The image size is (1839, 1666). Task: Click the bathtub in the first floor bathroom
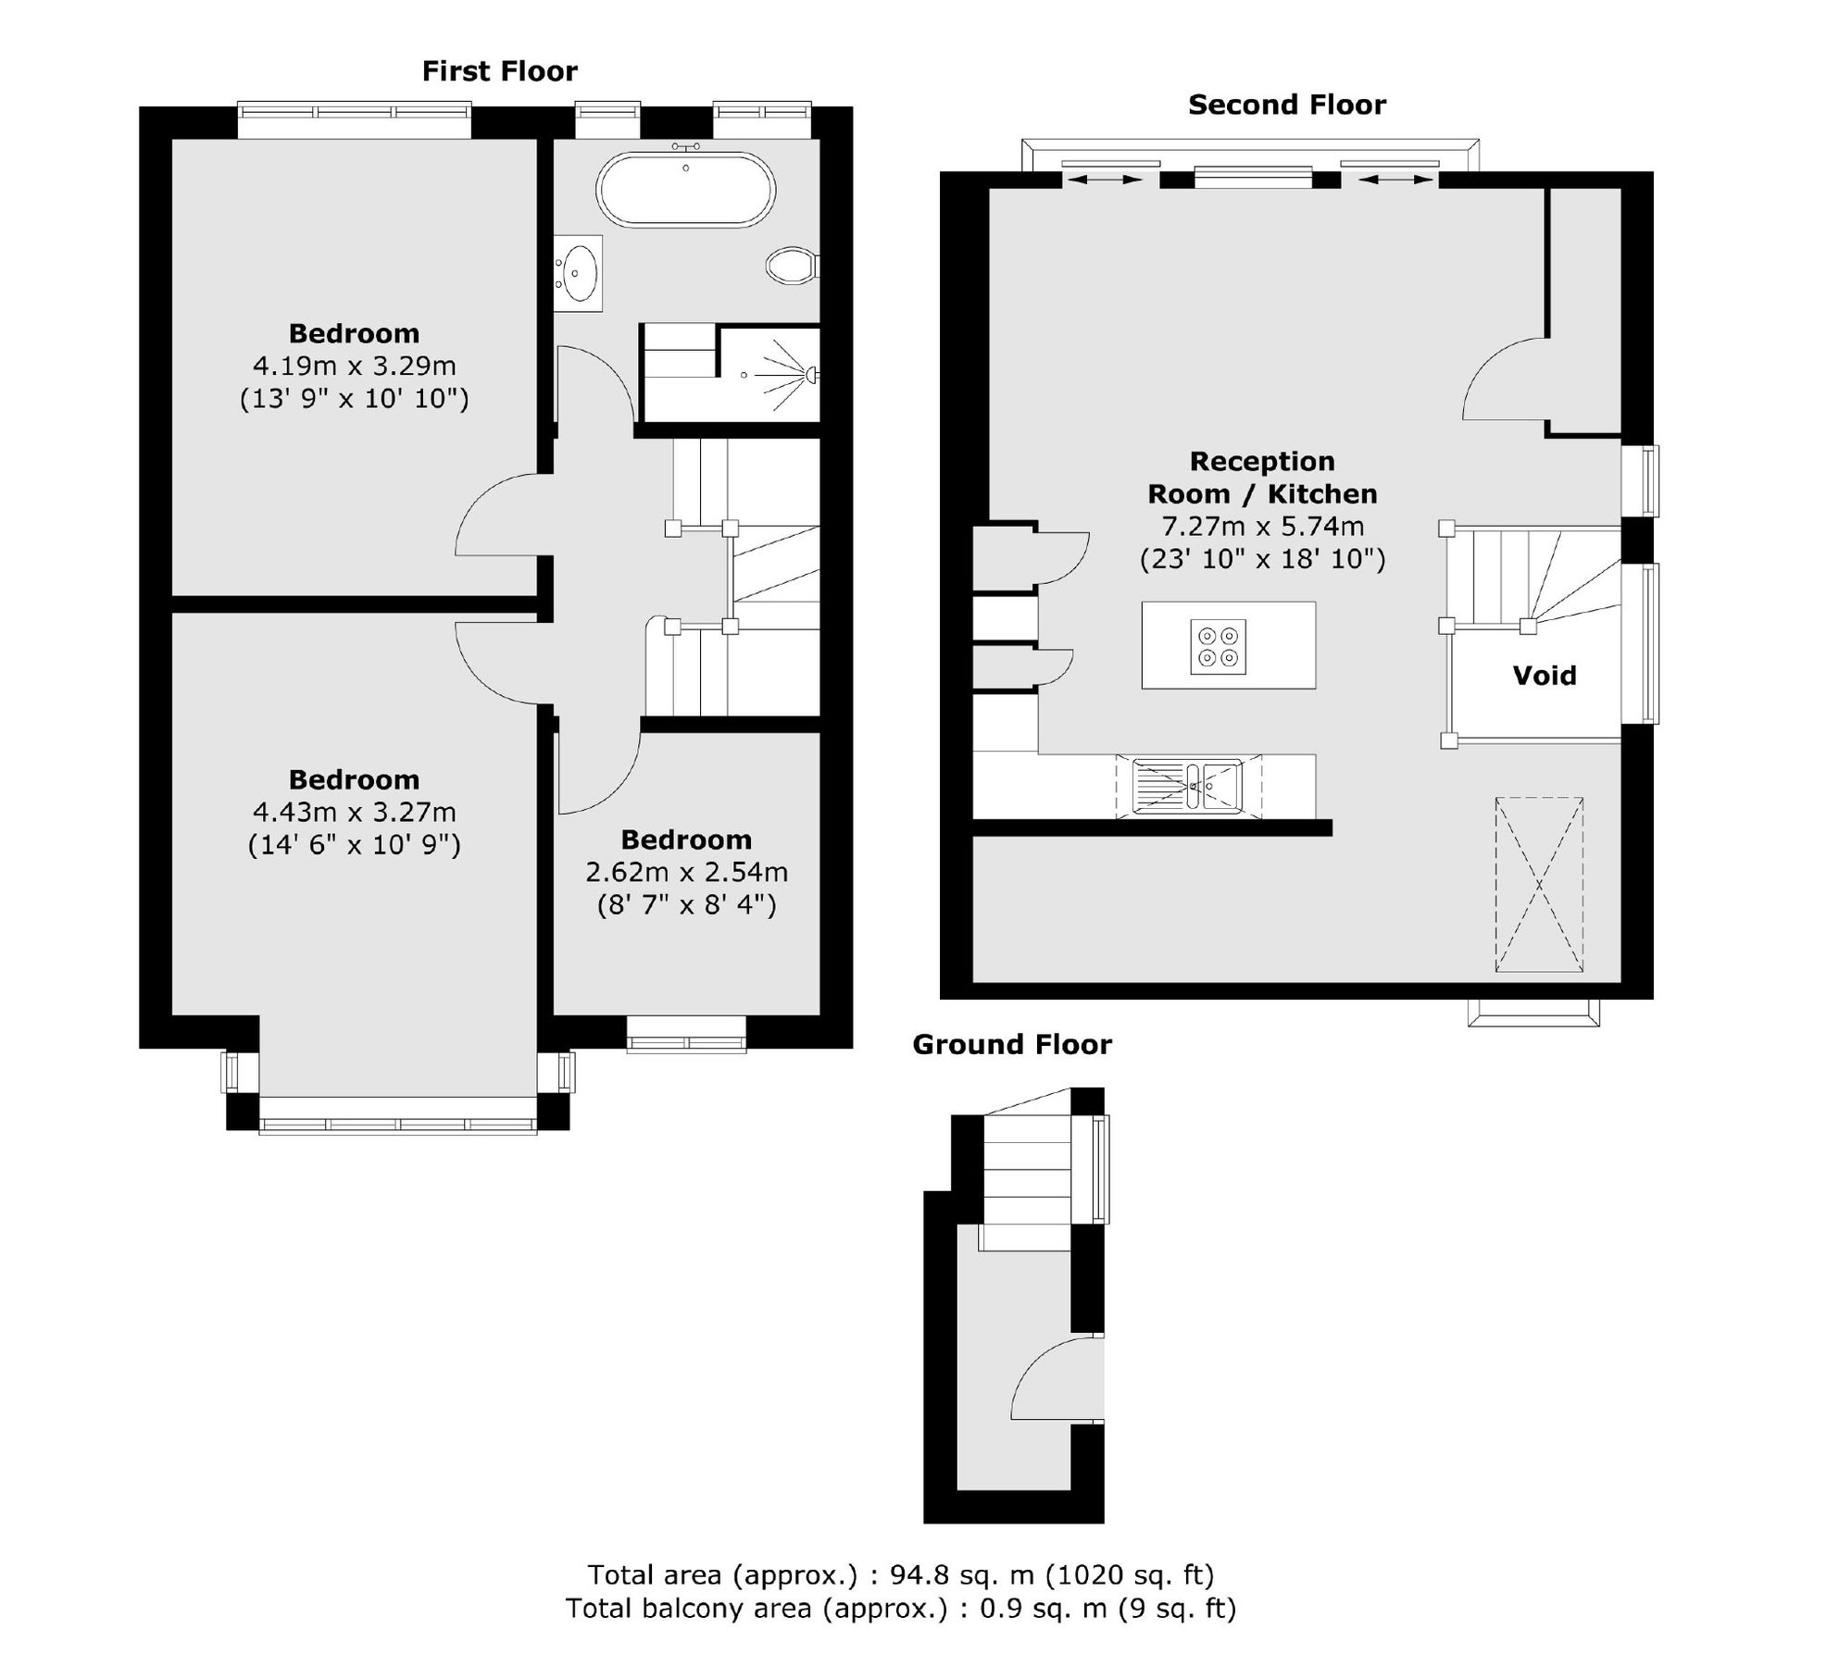point(685,190)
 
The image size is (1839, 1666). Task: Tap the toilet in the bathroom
point(790,266)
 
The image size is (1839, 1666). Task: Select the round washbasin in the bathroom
point(581,272)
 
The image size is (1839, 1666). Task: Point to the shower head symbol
point(810,374)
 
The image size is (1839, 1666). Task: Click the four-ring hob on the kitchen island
point(1218,646)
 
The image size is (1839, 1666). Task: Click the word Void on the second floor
point(1544,676)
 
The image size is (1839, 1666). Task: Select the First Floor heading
point(499,71)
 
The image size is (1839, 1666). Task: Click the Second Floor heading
point(1286,106)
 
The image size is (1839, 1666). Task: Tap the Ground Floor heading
point(1011,1045)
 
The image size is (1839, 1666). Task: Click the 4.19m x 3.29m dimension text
point(355,366)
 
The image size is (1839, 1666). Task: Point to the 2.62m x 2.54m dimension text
point(686,872)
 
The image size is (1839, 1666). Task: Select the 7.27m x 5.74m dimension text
point(1262,527)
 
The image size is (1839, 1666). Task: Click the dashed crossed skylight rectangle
point(1538,884)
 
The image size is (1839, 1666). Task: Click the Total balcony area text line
point(900,1609)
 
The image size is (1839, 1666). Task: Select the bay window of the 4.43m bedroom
point(397,1125)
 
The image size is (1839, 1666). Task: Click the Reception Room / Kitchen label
point(1262,478)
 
